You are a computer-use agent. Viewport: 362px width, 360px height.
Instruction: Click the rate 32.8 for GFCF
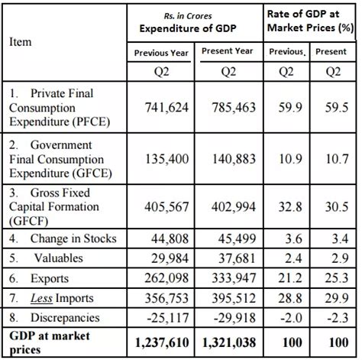click(286, 208)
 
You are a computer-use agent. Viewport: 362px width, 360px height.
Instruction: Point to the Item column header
click(21, 42)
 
